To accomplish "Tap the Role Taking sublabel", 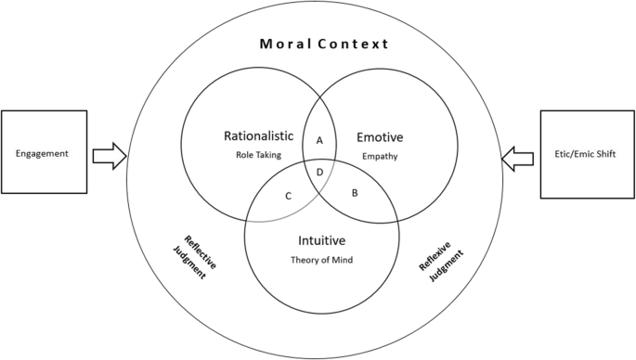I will coord(259,155).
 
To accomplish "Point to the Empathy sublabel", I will coord(381,156).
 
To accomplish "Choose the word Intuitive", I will coord(322,241).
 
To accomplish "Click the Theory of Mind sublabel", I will coord(322,260).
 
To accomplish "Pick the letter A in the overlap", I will coord(319,140).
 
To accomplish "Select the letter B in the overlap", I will coord(355,193).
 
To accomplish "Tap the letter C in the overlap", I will coord(289,195).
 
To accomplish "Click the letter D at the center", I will coord(320,173).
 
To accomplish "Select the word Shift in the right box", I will coord(608,153).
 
